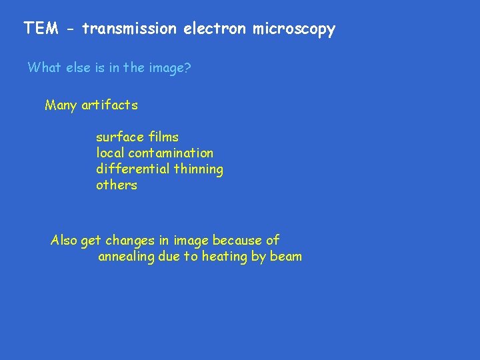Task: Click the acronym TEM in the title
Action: [x=39, y=29]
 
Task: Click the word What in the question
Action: [x=43, y=67]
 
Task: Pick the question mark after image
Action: [x=188, y=67]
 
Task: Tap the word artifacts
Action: [x=110, y=105]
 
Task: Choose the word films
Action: [x=163, y=137]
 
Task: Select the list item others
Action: [x=117, y=185]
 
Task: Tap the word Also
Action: [x=64, y=240]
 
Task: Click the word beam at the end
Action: [x=286, y=256]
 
